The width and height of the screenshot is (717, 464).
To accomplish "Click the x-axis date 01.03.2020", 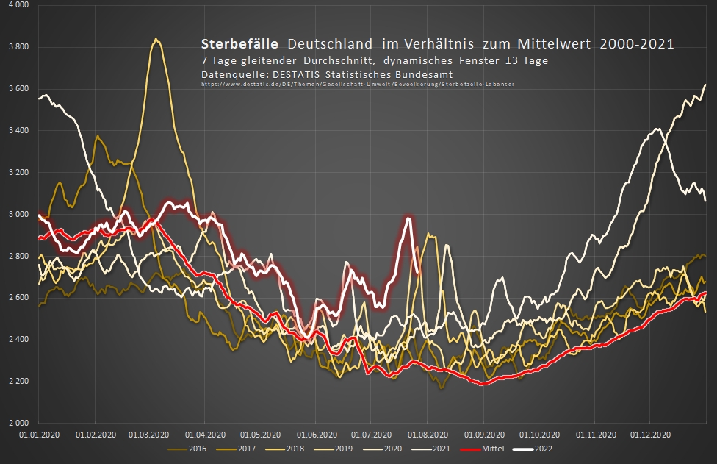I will pos(149,434).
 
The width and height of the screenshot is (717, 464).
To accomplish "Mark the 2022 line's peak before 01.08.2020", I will pos(408,218).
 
